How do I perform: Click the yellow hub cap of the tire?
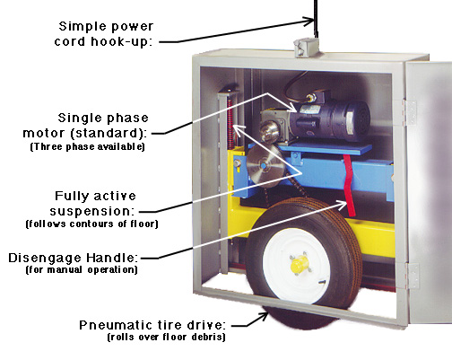(x=299, y=265)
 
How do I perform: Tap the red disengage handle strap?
(x=349, y=185)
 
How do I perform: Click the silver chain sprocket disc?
(x=263, y=166)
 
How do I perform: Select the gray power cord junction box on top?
(x=306, y=48)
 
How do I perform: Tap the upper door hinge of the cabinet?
(x=409, y=112)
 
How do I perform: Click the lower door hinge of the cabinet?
(x=412, y=276)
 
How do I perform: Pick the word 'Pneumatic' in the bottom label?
(x=117, y=325)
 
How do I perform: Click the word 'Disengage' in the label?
(x=45, y=258)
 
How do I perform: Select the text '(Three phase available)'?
(x=87, y=147)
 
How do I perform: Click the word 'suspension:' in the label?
(x=91, y=211)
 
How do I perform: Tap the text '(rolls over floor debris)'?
(x=166, y=338)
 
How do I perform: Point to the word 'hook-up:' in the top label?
(x=122, y=41)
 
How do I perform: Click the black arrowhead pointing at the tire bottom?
(x=263, y=317)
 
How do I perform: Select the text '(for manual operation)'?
(x=82, y=269)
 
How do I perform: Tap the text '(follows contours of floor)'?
(x=91, y=224)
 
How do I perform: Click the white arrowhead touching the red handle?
(x=341, y=204)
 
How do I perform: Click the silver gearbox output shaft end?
(x=267, y=131)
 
